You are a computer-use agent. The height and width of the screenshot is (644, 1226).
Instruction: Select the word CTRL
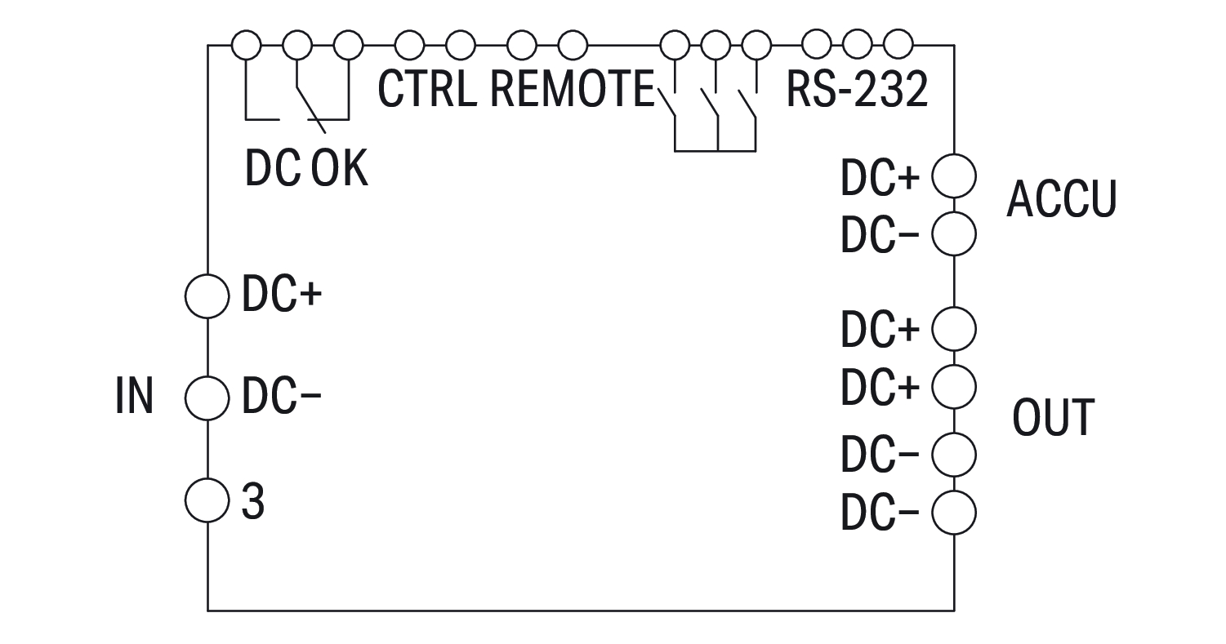tap(427, 90)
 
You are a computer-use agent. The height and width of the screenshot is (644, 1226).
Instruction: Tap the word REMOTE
tap(573, 90)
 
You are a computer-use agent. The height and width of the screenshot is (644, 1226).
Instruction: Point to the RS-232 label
tap(857, 90)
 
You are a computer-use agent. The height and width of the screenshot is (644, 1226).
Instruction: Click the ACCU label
tap(1060, 199)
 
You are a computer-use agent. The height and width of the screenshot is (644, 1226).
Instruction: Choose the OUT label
tap(1053, 418)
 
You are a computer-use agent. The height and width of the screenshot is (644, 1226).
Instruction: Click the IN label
tap(135, 397)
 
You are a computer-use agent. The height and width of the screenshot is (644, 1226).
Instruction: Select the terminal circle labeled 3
tap(207, 500)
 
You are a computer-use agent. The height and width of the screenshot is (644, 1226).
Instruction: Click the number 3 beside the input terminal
tap(253, 503)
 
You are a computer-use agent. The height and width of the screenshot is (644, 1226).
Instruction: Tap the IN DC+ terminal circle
tap(207, 295)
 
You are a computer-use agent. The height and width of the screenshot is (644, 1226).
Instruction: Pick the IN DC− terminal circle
tap(207, 398)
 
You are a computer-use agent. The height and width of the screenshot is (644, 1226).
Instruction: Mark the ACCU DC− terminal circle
tap(954, 234)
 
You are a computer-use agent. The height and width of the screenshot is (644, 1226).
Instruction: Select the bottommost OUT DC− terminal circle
tap(954, 513)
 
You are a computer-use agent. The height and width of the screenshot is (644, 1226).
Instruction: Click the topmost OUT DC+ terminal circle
tap(954, 328)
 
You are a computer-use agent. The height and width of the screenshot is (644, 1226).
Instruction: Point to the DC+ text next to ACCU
tap(880, 180)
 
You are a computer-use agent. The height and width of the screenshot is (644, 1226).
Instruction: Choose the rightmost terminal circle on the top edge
tap(898, 45)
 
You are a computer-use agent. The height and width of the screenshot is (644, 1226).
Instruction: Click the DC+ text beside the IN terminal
tap(281, 297)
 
